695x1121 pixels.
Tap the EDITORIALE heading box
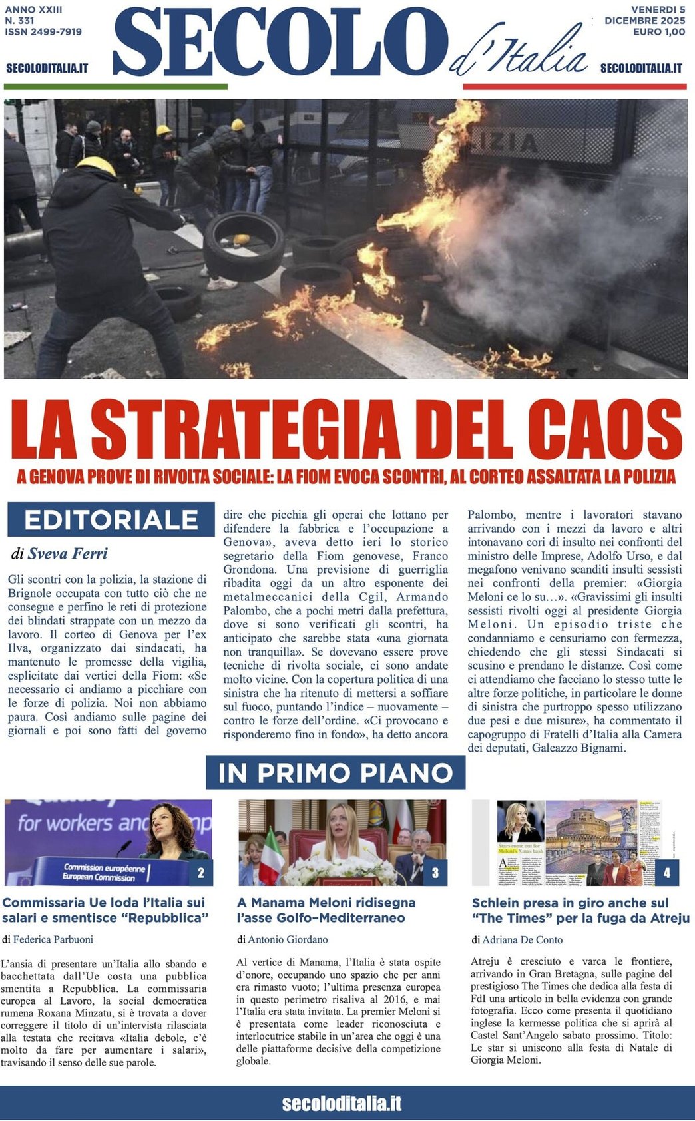pyautogui.click(x=111, y=519)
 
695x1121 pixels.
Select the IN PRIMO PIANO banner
pyautogui.click(x=336, y=773)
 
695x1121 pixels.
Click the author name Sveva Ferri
pyautogui.click(x=67, y=553)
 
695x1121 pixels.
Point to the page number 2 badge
pyautogui.click(x=201, y=873)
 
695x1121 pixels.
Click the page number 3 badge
pyautogui.click(x=435, y=873)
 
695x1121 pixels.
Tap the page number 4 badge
pyautogui.click(x=667, y=873)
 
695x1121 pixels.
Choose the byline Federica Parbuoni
pyautogui.click(x=53, y=939)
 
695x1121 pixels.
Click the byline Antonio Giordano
pyautogui.click(x=289, y=939)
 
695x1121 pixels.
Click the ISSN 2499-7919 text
pyautogui.click(x=43, y=31)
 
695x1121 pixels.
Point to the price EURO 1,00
pyautogui.click(x=658, y=31)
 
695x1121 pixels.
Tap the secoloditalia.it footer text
pyautogui.click(x=342, y=1104)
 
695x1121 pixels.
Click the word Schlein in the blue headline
pyautogui.click(x=497, y=903)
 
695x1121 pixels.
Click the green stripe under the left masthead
pyautogui.click(x=116, y=87)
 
